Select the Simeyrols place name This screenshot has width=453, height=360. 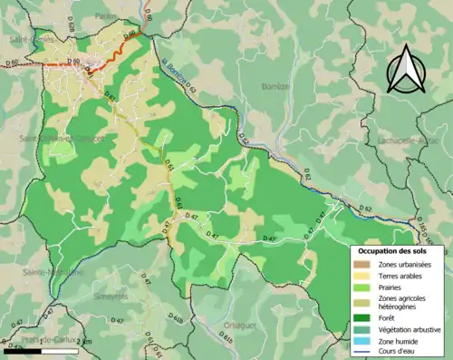point(111,297)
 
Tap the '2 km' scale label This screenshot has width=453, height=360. point(83,340)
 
